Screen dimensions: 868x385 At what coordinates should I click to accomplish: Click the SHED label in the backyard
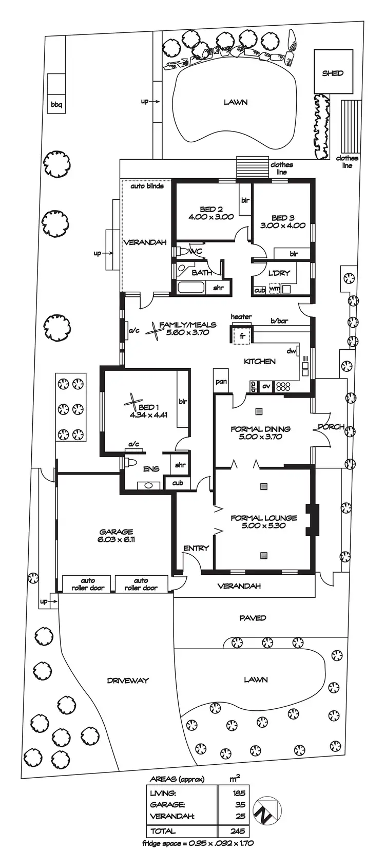333,73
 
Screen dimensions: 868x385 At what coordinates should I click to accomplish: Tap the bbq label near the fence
56,105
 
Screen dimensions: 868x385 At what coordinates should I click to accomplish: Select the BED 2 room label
211,210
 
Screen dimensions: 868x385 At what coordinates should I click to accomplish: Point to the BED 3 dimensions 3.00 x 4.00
282,225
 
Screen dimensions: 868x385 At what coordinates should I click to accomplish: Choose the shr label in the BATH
219,288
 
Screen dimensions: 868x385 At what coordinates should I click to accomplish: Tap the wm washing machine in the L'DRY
274,289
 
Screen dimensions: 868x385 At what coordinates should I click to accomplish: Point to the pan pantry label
221,382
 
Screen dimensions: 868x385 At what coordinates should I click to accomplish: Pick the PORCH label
331,427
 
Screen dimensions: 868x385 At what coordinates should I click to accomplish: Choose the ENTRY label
196,548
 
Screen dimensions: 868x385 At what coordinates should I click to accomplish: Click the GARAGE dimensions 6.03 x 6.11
117,540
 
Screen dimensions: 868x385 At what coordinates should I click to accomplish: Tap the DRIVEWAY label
128,681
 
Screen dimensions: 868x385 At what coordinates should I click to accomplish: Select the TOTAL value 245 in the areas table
238,831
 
